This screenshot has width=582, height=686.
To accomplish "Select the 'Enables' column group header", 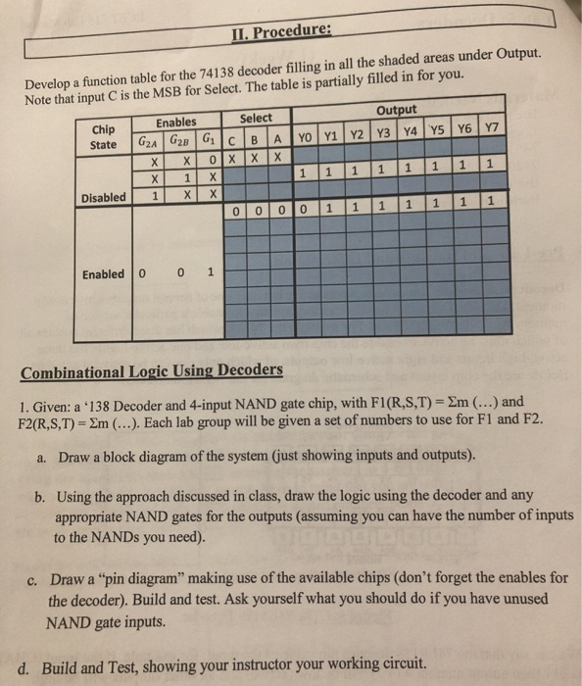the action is pos(176,122).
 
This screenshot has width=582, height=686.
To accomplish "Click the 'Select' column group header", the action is pos(257,119).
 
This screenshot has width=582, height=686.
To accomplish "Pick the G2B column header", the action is pos(182,138).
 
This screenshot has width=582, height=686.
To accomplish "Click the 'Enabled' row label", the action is pos(105,274).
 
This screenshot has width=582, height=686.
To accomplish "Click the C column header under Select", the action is pos(232,139).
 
